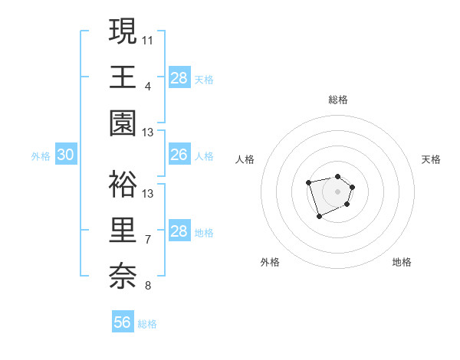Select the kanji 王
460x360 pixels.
click(x=123, y=77)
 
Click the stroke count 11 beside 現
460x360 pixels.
click(x=148, y=39)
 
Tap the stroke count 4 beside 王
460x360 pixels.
click(x=148, y=86)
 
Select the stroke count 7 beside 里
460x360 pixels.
click(x=148, y=240)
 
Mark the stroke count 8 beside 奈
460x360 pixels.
click(x=148, y=286)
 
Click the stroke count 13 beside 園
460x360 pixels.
click(x=148, y=133)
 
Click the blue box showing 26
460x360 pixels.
click(x=179, y=155)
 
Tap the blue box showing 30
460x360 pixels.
click(x=66, y=155)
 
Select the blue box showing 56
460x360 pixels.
click(x=123, y=322)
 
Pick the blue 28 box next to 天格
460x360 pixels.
click(x=179, y=78)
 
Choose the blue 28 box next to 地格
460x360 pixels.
click(x=179, y=231)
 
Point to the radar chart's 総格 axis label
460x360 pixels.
click(x=337, y=100)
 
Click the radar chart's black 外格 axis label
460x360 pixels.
click(x=270, y=262)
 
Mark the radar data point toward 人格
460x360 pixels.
click(x=308, y=182)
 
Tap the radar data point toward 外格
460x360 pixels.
click(x=319, y=217)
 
